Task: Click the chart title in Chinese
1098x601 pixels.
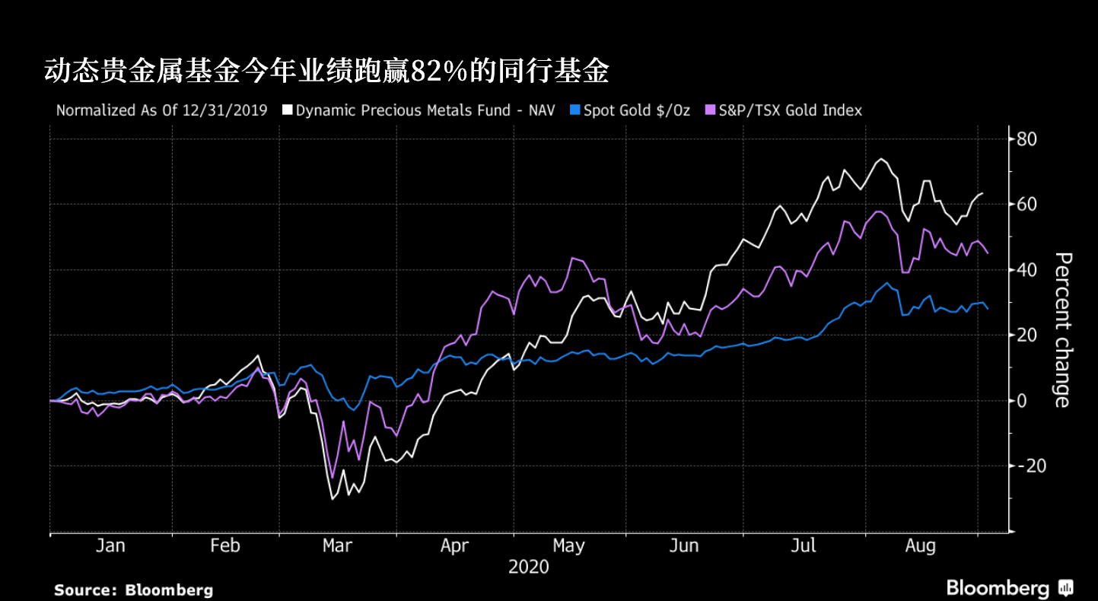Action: click(327, 72)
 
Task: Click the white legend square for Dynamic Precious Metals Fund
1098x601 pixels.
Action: click(287, 110)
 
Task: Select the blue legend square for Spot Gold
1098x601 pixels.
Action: click(575, 110)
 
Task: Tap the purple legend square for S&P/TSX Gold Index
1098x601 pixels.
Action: click(711, 110)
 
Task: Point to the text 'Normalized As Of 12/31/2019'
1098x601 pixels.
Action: click(161, 110)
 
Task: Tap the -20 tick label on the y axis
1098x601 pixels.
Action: click(1024, 466)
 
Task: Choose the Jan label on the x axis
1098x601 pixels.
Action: click(110, 545)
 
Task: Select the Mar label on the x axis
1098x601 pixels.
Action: click(337, 545)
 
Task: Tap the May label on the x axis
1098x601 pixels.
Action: click(568, 545)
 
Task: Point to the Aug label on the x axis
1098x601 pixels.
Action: click(920, 545)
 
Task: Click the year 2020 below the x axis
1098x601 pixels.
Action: click(528, 568)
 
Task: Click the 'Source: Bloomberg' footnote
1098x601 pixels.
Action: click(133, 590)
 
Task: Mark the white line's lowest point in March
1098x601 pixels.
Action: click(333, 499)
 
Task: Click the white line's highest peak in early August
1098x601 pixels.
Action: click(881, 159)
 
